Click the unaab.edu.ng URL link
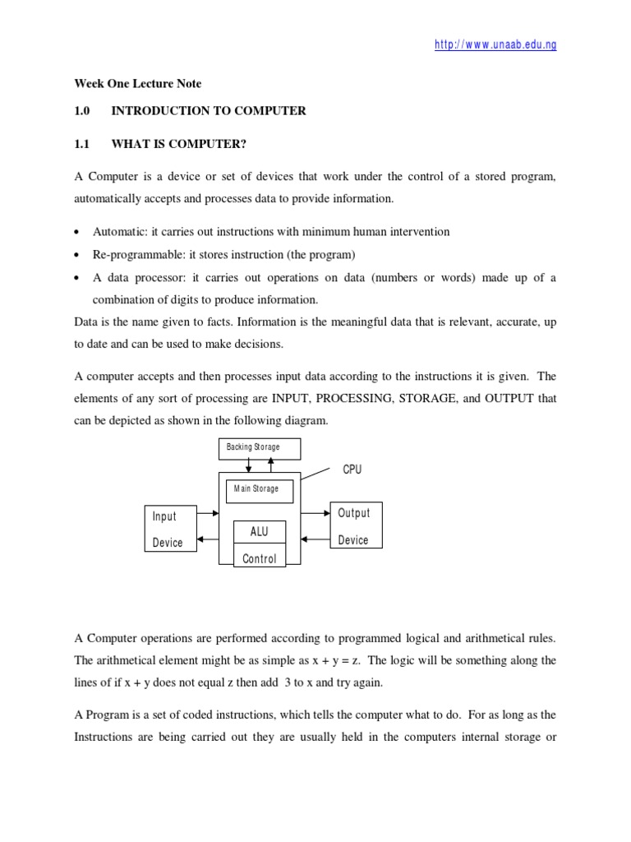[x=495, y=44]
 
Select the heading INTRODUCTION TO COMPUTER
[x=209, y=110]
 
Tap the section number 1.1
[x=81, y=143]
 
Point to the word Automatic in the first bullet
[x=119, y=232]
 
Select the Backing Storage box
[x=259, y=447]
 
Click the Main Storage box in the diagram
[x=256, y=489]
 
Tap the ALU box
[x=259, y=532]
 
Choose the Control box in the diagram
[x=259, y=558]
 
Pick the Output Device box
[x=355, y=526]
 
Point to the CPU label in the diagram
[x=352, y=470]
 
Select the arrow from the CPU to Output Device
[x=315, y=514]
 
